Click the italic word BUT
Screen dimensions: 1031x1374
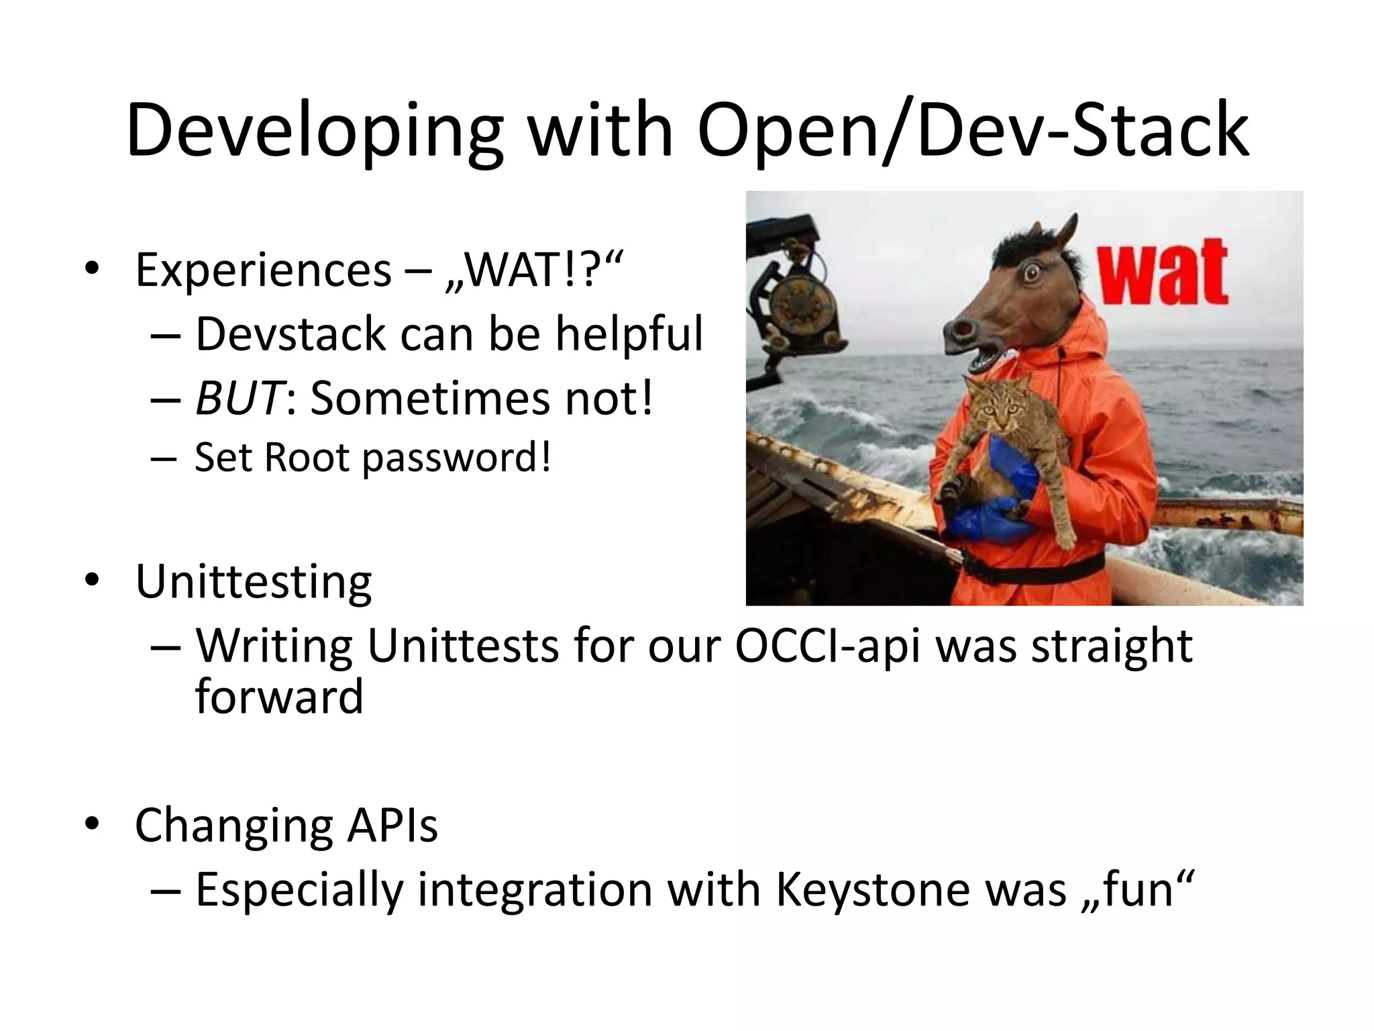tap(238, 398)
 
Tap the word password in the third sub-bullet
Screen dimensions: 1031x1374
tap(456, 458)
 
